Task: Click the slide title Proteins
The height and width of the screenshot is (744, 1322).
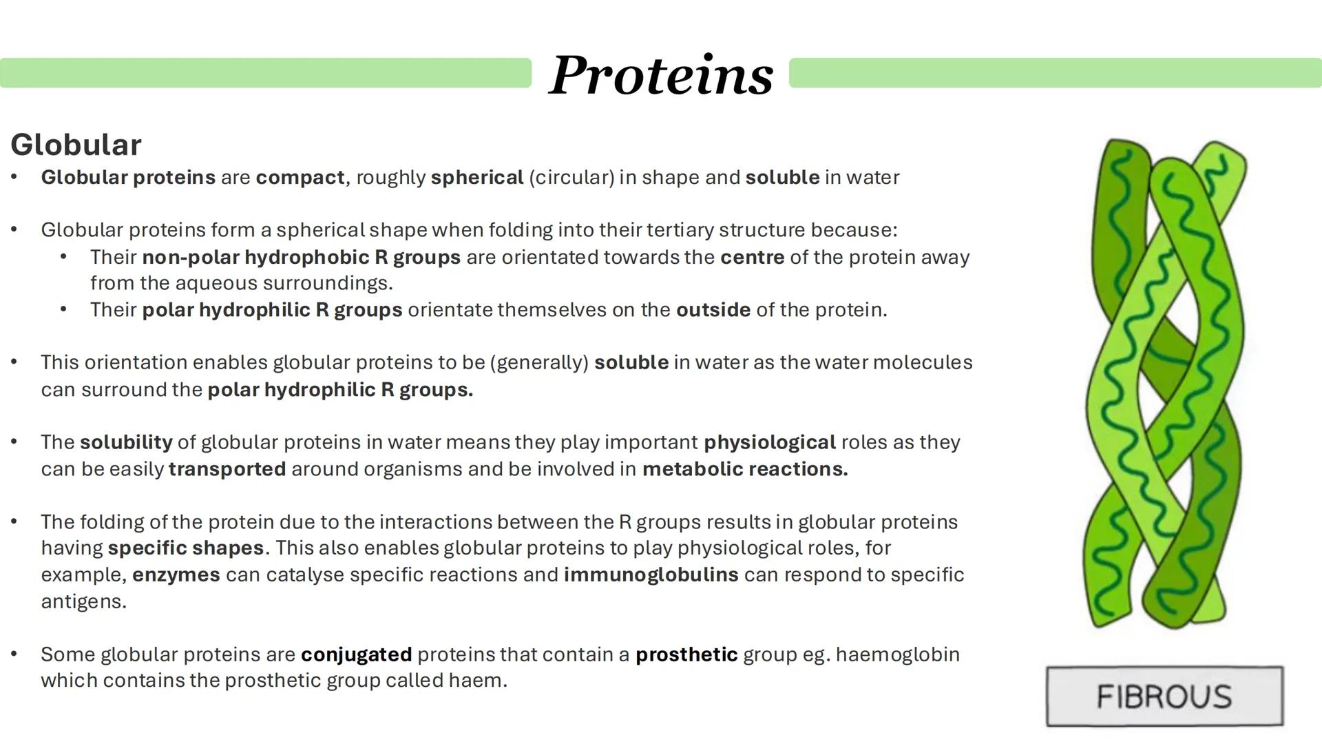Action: coord(661,74)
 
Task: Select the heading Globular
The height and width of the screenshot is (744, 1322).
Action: coord(76,145)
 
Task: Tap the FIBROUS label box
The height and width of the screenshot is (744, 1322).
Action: coord(1164,696)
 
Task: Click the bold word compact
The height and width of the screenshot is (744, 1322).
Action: coord(300,178)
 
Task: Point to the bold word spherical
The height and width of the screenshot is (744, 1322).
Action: coord(477,178)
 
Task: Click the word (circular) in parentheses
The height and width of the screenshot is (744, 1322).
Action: coord(571,178)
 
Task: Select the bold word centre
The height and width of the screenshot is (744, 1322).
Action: coord(752,258)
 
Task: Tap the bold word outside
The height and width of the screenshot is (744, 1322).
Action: coord(713,310)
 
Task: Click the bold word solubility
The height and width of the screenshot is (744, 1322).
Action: coord(126,442)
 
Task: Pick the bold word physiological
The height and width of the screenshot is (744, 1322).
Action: coord(769,442)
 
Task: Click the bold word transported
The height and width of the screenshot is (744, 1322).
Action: coord(227,469)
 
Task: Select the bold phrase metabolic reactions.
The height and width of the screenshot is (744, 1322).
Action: coord(745,469)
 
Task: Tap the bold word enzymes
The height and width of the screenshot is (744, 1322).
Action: coord(176,575)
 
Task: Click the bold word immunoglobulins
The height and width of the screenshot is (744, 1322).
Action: coord(651,575)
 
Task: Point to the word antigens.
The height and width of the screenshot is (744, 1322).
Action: coord(83,602)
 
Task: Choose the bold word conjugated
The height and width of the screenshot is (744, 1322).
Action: coord(356,654)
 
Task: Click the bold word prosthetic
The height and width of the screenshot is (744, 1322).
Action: coord(686,654)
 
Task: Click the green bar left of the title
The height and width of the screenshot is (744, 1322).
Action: coord(265,73)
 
